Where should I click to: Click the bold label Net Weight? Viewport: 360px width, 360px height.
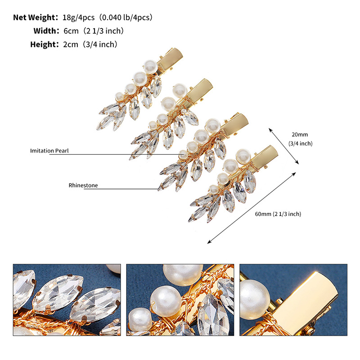[36, 18]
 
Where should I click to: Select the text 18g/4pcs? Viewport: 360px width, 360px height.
[78, 18]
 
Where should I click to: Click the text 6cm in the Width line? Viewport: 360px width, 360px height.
[71, 31]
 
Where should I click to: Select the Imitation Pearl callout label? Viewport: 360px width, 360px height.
[49, 151]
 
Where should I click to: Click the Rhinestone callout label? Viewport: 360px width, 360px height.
[83, 185]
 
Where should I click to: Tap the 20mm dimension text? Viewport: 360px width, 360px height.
[300, 135]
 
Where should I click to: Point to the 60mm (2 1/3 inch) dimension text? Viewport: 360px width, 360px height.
[278, 214]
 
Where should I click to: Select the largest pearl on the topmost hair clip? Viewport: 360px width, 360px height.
[151, 67]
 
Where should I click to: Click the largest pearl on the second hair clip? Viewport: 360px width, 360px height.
[179, 90]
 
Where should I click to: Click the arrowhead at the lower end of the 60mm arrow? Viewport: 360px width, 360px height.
[209, 242]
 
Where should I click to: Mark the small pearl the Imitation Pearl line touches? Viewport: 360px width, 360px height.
[183, 154]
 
